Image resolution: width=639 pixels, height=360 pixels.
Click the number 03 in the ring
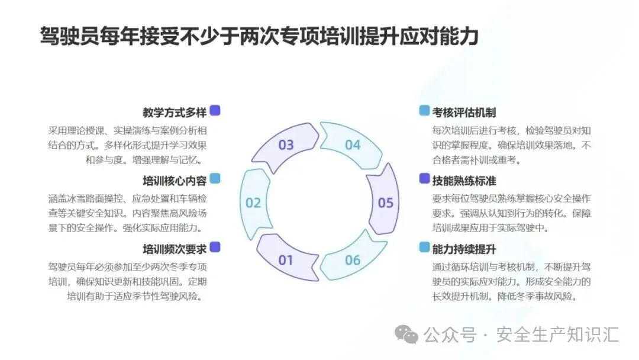click(x=286, y=145)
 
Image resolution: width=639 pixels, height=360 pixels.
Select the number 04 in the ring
click(x=353, y=145)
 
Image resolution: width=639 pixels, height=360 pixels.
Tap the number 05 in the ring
click(x=385, y=203)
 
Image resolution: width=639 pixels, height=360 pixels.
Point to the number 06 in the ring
click(x=353, y=260)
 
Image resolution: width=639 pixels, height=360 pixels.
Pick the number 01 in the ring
click(x=286, y=260)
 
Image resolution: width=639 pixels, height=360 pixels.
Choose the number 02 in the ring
click(x=253, y=203)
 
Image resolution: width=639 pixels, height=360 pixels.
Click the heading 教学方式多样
click(x=174, y=112)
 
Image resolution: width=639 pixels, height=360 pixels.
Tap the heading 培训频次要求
click(x=174, y=248)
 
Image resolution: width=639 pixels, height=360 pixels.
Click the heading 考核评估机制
click(x=464, y=112)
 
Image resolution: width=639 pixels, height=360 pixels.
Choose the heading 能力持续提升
click(x=464, y=248)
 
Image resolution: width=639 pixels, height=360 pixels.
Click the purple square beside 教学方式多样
click(x=215, y=111)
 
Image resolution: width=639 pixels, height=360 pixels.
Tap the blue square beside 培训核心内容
click(x=215, y=179)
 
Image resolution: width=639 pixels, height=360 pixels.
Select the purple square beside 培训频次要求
click(x=215, y=247)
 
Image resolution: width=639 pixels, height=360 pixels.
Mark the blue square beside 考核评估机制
click(x=424, y=111)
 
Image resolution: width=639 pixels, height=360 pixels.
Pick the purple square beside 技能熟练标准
click(x=424, y=179)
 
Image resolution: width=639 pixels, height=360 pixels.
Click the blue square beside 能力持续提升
click(x=424, y=247)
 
